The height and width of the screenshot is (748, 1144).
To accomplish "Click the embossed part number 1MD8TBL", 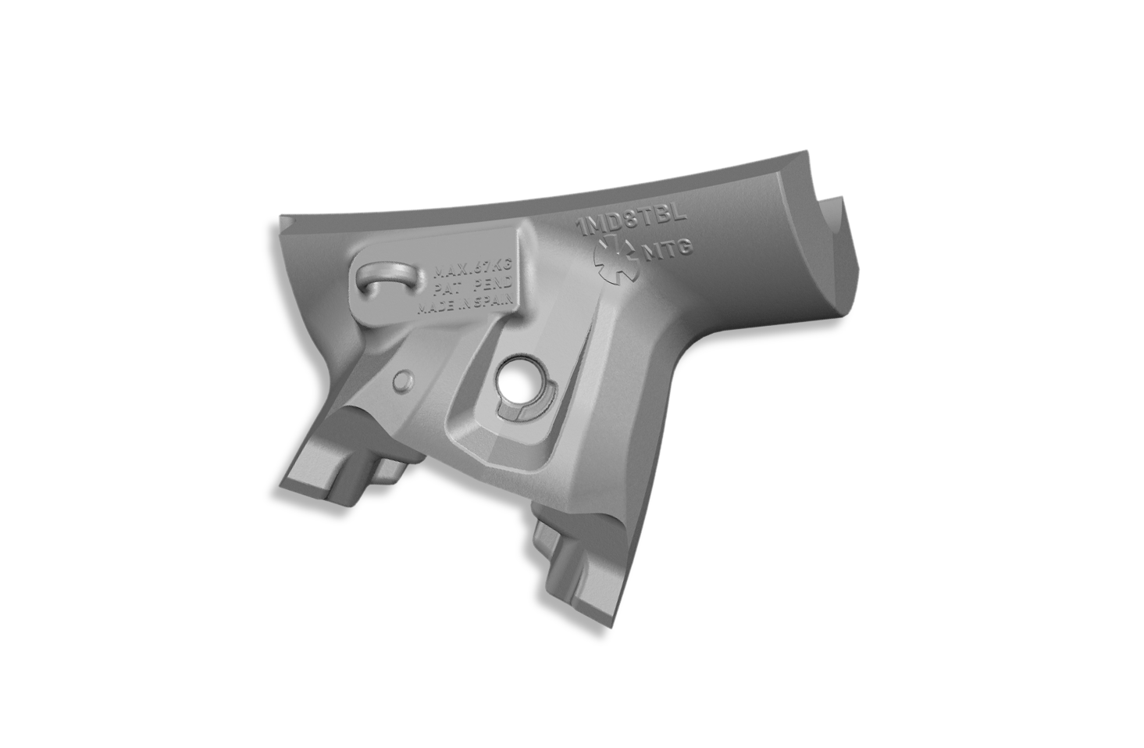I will (630, 219).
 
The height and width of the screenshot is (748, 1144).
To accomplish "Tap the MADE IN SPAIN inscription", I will (464, 306).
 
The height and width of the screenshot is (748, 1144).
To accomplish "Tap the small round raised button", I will (403, 381).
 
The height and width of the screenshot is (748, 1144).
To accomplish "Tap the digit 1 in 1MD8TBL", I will (580, 228).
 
